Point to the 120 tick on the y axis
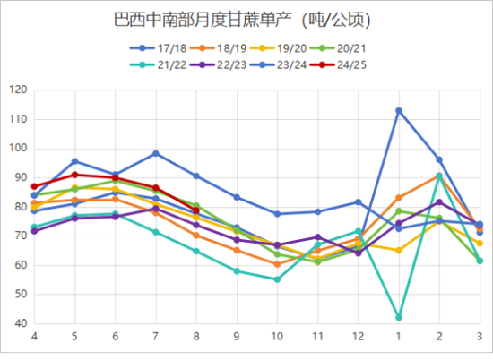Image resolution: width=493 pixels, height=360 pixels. tap(17, 90)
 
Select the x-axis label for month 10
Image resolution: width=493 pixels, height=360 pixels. tap(277, 336)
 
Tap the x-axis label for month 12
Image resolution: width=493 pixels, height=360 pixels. tap(358, 336)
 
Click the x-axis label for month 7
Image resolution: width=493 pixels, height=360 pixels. tap(156, 336)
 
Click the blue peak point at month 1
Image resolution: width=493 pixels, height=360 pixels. tap(399, 110)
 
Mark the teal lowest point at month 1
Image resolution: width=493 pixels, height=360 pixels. tap(399, 317)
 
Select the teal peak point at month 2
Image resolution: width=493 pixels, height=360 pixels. tap(439, 176)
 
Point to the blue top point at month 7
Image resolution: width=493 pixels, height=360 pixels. tap(156, 153)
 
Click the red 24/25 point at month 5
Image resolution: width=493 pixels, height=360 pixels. tap(75, 175)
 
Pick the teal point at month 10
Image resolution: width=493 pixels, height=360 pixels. tap(277, 279)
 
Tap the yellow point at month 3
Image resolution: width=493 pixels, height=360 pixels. tap(480, 243)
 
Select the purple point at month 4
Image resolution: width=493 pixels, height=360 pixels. tap(34, 231)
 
